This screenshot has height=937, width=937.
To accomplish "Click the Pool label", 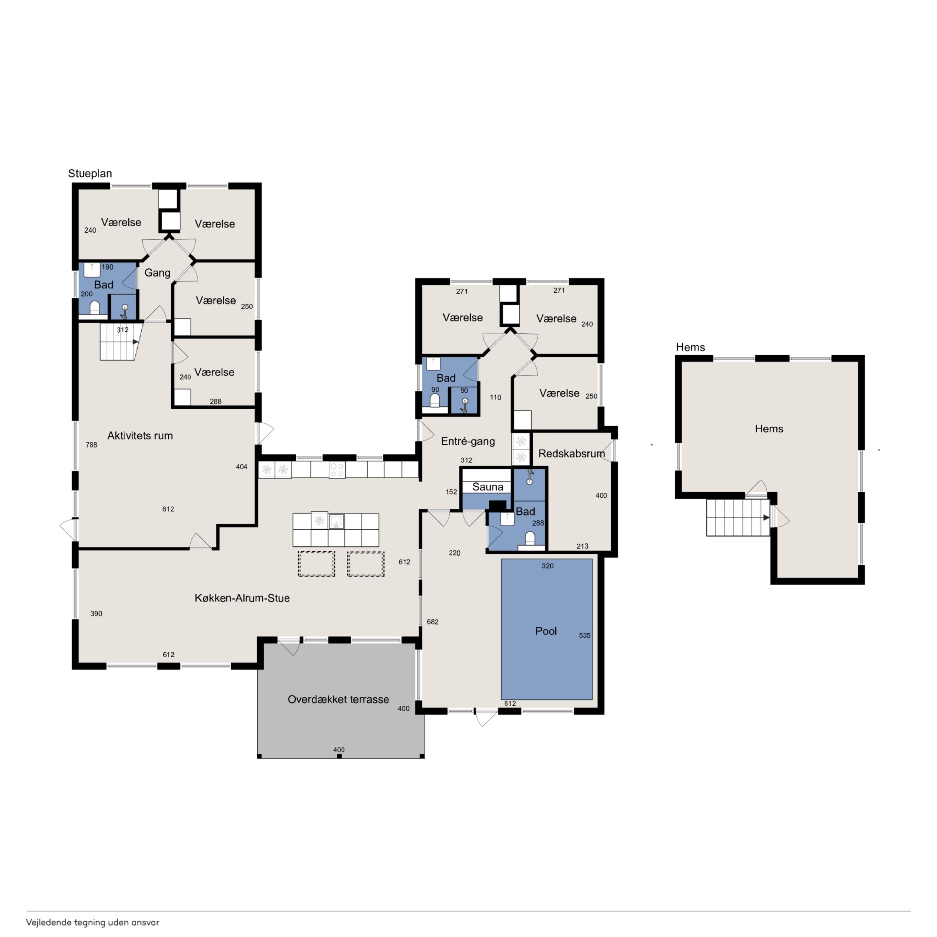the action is click(546, 631).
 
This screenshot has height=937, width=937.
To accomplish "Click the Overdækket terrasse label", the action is click(338, 700).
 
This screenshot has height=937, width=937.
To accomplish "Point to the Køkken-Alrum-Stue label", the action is click(242, 598).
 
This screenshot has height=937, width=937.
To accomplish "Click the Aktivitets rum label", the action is click(140, 435).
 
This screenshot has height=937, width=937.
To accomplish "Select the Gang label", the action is click(157, 272).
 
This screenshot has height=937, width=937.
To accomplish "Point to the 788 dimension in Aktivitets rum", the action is click(91, 445).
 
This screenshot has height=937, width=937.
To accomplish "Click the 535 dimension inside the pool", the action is click(585, 635).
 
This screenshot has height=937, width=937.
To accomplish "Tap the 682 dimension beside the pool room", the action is click(432, 622).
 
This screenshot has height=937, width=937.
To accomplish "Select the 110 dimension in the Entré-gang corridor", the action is click(495, 397).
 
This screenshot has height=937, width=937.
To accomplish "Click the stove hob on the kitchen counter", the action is click(337, 470).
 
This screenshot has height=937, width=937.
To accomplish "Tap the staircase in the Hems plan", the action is click(738, 518).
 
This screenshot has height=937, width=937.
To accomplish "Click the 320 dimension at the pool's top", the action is click(547, 566).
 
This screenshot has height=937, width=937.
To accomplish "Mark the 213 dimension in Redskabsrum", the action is click(582, 546).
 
